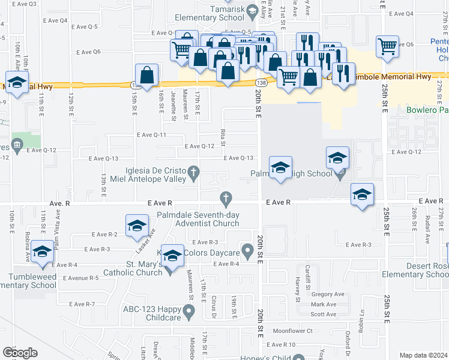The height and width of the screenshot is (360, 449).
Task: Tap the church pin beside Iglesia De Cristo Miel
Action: pos(193,173)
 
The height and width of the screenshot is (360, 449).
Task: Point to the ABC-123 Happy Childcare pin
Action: pos(189,311)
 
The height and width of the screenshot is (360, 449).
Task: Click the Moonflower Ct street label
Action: pos(293,331)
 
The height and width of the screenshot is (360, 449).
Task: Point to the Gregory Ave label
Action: pos(327,294)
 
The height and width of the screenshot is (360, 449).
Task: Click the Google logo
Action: pos(20,353)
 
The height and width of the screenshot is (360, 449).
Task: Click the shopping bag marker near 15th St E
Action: pos(146,76)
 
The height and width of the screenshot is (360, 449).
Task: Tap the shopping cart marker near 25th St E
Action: pos(387,46)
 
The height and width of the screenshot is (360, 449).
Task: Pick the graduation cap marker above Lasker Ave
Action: pos(137,226)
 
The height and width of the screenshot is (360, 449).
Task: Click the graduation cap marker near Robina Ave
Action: pos(43,252)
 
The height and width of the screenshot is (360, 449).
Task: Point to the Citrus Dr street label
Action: pos(214,303)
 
